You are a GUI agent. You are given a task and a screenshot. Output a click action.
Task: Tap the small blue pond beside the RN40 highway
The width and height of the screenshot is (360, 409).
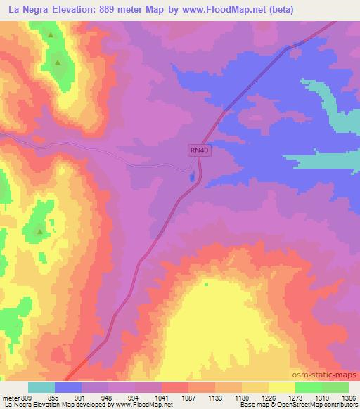[x=191, y=175]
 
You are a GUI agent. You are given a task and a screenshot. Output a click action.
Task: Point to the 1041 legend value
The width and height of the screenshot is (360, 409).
[x=161, y=397]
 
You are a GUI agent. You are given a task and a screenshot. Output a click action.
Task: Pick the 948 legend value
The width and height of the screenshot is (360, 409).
[x=108, y=397]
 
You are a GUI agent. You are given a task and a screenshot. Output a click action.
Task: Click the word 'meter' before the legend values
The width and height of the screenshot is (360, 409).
[x=11, y=397]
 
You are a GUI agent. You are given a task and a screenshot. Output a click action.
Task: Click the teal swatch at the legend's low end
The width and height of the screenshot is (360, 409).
[x=41, y=387]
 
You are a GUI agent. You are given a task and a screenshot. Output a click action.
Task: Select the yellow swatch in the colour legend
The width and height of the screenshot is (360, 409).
[x=281, y=387]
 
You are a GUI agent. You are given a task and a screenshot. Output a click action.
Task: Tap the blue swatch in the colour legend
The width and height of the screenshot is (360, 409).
[x=68, y=387]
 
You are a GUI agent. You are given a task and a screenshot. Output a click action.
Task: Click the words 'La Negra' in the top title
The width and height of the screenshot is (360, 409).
[x=27, y=10]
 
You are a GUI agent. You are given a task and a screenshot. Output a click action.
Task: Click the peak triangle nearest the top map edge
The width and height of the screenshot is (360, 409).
[x=51, y=34]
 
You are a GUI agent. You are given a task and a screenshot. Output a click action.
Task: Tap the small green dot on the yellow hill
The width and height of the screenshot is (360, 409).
[x=207, y=285]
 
